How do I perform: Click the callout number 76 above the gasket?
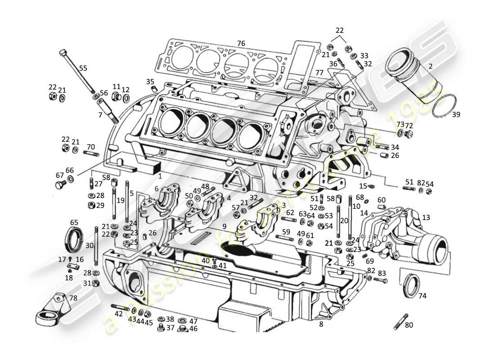(241, 44)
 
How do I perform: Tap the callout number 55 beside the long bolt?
(83, 68)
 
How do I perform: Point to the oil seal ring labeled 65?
(74, 241)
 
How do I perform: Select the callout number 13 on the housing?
(426, 218)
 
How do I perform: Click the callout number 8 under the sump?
(321, 324)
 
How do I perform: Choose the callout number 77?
(319, 73)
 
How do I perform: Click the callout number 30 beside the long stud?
(89, 246)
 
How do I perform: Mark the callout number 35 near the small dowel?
(150, 81)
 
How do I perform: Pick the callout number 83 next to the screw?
(382, 273)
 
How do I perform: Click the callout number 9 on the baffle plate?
(224, 226)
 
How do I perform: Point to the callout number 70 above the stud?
(91, 147)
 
